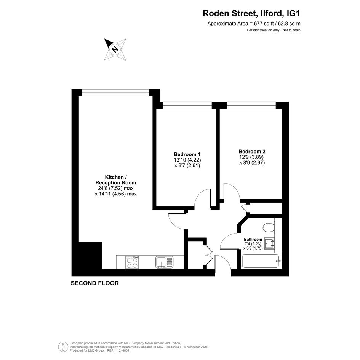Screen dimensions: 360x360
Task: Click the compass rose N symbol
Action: (x=115, y=50)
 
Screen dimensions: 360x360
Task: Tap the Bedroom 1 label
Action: (x=187, y=154)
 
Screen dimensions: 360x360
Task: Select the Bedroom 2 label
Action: (x=252, y=152)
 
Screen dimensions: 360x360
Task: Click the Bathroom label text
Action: (x=253, y=240)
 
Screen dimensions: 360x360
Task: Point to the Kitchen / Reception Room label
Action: (x=116, y=180)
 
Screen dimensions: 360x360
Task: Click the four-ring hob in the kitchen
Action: (x=132, y=262)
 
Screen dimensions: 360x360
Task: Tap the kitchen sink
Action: (x=164, y=262)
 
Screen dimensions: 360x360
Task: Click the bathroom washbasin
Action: (x=269, y=243)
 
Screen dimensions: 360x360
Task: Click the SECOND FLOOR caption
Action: (x=95, y=283)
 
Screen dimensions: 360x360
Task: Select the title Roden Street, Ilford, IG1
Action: (x=251, y=13)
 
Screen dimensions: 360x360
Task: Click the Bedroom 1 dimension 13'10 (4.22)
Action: (x=187, y=160)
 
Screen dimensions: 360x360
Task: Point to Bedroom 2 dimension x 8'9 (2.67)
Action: (x=252, y=163)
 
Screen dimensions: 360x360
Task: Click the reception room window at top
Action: (x=116, y=93)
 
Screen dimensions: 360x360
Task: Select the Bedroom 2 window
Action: (x=251, y=106)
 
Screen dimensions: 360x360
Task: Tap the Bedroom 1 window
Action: (x=187, y=106)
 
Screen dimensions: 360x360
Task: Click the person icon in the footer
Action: (x=62, y=346)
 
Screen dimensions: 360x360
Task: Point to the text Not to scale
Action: (x=291, y=30)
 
